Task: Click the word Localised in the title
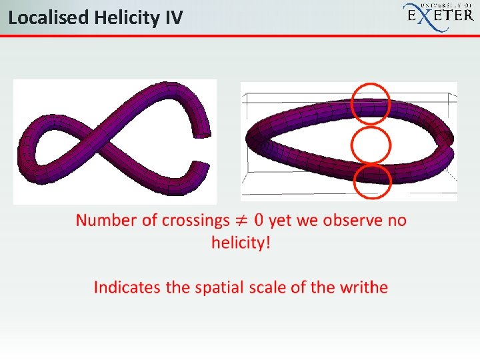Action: [x=49, y=17]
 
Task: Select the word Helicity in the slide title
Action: [x=127, y=18]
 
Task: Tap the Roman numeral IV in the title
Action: [x=174, y=17]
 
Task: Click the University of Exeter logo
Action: [x=439, y=16]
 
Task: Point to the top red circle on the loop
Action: [x=351, y=104]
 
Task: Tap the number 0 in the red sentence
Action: [x=259, y=220]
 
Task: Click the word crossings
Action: [x=195, y=221]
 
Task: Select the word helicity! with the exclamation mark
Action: [x=241, y=243]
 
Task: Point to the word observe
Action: [x=353, y=221]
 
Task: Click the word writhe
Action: [x=364, y=287]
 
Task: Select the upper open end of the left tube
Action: [x=202, y=135]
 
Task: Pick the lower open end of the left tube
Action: [x=201, y=165]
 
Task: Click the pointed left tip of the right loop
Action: [x=247, y=139]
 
